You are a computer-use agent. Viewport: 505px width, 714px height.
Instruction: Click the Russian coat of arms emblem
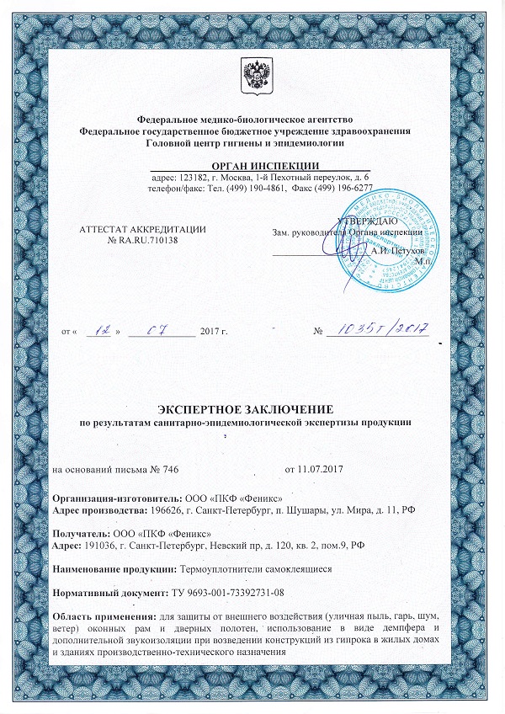pos(252,75)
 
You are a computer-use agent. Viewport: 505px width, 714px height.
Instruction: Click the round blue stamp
pos(389,244)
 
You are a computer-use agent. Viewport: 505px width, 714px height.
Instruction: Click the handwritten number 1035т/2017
pos(382,328)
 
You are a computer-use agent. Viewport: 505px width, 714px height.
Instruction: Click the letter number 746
pos(168,467)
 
